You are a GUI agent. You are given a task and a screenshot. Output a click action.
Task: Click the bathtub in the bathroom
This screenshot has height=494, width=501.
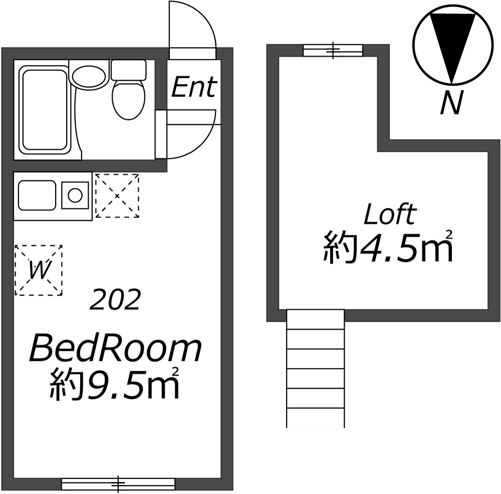44,110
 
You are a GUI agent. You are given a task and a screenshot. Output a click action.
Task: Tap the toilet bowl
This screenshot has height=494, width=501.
128,99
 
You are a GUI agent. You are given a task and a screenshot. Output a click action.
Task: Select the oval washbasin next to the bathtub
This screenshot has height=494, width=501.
89,77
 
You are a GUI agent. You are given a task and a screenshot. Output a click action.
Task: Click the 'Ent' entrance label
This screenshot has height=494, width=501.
193,87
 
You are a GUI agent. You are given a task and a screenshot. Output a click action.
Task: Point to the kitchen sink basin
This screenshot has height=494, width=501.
37,195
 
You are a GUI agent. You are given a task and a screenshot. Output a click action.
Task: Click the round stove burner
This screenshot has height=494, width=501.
75,195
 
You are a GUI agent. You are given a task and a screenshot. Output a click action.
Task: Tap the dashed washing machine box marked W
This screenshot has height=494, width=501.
39,270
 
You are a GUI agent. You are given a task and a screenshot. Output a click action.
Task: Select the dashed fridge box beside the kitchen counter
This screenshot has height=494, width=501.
117,195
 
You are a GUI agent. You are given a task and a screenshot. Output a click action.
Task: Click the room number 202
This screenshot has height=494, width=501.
114,300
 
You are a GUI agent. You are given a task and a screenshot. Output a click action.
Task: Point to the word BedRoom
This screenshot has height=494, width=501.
115,349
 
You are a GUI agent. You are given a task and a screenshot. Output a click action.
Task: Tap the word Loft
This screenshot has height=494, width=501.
390,215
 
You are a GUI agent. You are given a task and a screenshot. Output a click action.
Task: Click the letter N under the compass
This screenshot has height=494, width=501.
451,104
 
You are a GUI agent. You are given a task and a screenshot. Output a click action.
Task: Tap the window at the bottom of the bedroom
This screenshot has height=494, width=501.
118,484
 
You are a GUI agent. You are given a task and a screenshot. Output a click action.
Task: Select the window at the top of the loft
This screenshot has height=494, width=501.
333,50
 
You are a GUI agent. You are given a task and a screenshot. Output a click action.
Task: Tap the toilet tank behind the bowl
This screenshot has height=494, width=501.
128,70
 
